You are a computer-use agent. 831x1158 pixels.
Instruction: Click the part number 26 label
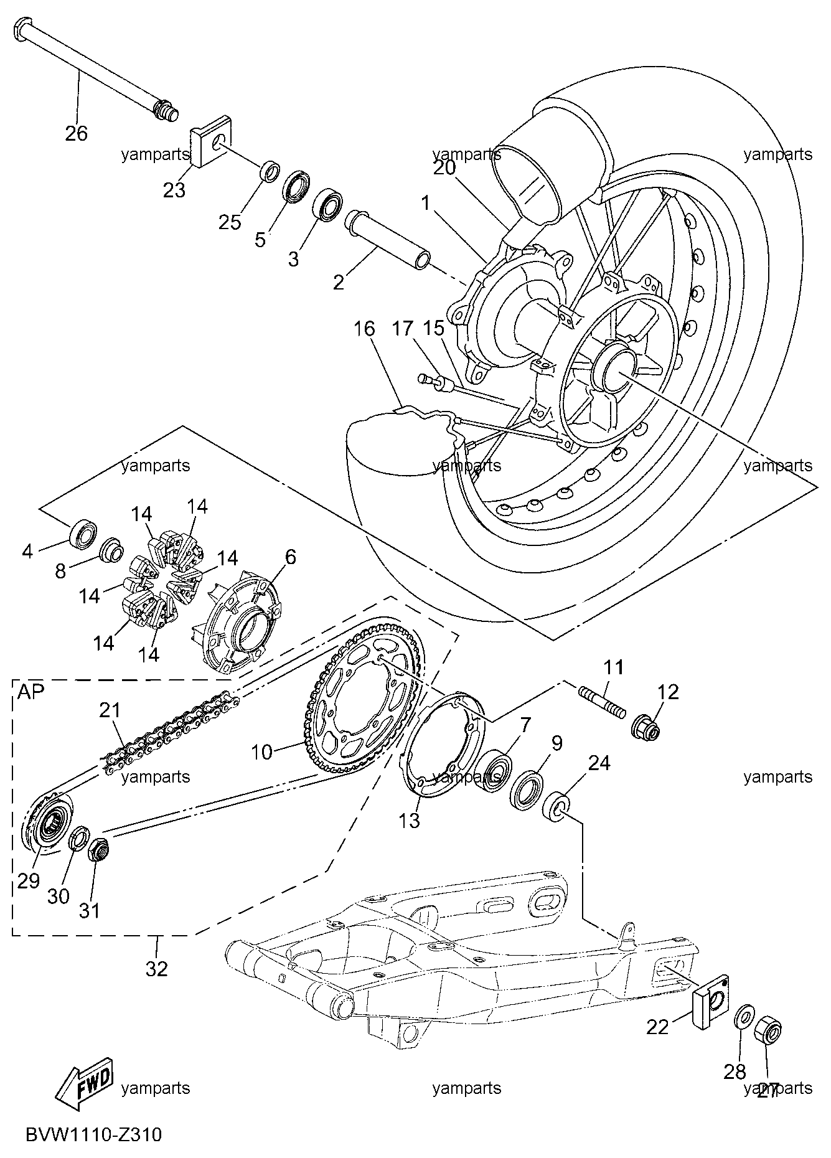77,133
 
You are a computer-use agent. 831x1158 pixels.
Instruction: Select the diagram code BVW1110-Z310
94,1134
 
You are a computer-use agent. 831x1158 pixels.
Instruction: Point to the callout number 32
157,968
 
